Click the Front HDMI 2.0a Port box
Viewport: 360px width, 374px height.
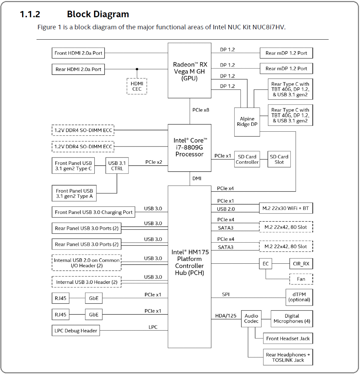point(78,53)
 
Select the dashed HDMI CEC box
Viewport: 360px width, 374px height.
point(137,86)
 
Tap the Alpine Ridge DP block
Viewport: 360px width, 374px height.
point(247,122)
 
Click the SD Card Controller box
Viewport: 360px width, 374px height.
point(247,159)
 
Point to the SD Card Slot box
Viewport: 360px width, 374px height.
point(279,159)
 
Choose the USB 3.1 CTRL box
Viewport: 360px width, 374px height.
point(117,166)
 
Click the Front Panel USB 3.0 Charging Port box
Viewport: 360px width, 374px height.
point(93,212)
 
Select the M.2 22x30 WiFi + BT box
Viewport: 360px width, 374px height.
point(286,209)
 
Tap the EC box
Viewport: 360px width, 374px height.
point(266,264)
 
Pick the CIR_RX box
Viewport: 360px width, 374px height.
point(301,264)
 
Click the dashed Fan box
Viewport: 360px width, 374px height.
point(301,279)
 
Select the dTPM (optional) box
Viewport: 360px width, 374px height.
point(299,297)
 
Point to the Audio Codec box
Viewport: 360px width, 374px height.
point(251,319)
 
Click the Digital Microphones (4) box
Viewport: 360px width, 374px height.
point(292,319)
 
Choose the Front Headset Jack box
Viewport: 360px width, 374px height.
point(288,338)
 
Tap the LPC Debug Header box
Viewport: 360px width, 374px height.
point(76,331)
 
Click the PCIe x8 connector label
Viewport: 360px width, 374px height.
point(201,110)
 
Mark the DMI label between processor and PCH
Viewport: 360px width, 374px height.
point(197,179)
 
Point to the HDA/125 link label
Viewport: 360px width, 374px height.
point(226,316)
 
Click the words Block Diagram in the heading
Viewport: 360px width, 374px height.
point(98,14)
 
